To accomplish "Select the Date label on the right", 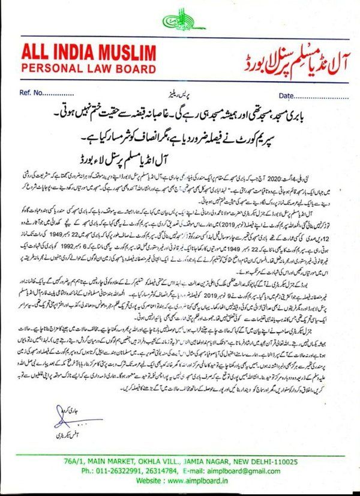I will click(x=288, y=94).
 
